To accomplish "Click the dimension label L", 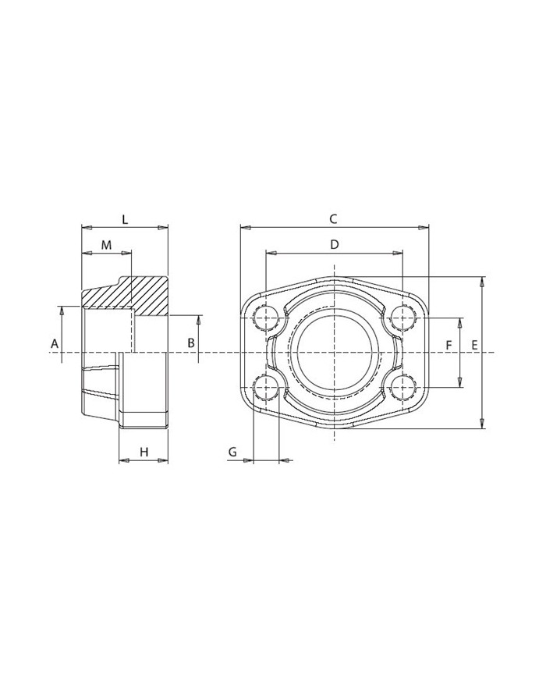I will (125, 218).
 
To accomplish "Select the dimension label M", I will (107, 245).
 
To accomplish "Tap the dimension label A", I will (55, 343).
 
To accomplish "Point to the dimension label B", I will (190, 343).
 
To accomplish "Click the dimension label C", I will (333, 218).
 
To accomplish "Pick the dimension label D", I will (334, 244).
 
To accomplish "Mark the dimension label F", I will (448, 344).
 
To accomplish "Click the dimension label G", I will (232, 452).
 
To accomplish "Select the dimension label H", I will (144, 452).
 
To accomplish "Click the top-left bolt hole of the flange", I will (267, 318).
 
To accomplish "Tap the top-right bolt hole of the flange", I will (402, 318).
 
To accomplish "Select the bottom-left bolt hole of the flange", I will (267, 386).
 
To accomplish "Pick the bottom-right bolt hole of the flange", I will (402, 386).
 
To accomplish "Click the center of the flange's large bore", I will (334, 352).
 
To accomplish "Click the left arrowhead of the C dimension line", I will (244, 228).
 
